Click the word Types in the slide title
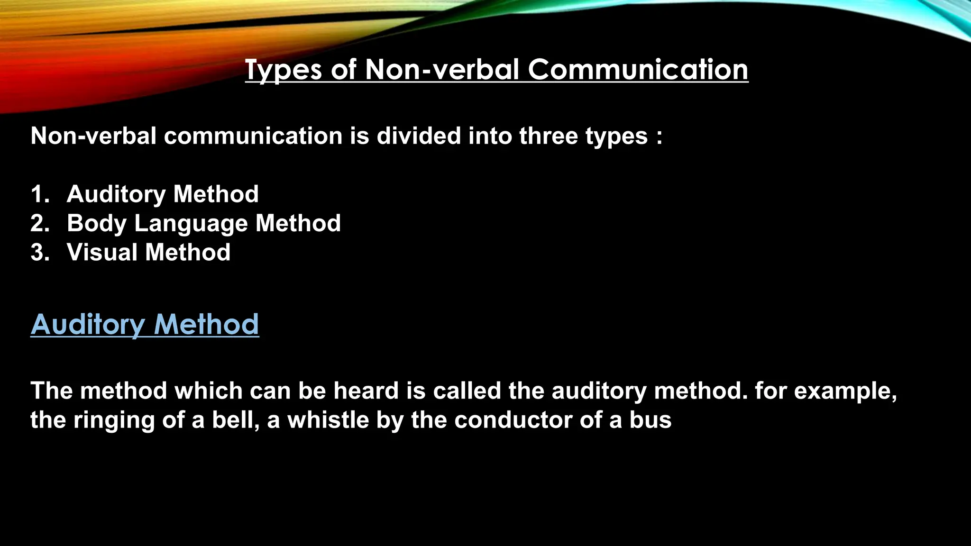pos(283,70)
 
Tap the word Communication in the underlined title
pos(638,70)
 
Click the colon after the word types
pos(659,137)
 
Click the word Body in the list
pos(97,224)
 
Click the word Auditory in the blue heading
pos(88,325)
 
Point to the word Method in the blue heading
pos(206,325)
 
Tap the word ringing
pos(114,421)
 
